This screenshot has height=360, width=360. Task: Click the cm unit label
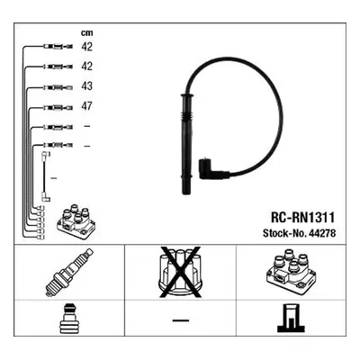point(87,33)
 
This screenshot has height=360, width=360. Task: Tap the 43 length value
point(87,86)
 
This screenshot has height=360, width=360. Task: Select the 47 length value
point(87,106)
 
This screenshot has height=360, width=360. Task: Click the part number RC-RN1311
point(302,218)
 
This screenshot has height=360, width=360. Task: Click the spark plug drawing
point(69,273)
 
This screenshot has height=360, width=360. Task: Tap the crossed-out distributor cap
point(180,273)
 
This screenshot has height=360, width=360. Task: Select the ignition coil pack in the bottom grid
point(292,269)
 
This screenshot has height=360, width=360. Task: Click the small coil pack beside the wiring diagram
point(76,222)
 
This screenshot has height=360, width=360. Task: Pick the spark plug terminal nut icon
point(69,319)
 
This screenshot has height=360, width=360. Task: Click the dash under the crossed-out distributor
point(181,320)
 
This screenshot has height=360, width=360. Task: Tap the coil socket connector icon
point(292,319)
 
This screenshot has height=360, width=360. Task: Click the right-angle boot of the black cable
point(210,168)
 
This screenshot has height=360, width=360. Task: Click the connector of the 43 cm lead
point(58,87)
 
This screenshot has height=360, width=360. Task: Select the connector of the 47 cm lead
point(58,108)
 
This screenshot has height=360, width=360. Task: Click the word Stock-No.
point(283,233)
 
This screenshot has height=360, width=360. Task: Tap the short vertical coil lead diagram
point(45,177)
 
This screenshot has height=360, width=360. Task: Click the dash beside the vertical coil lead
point(54,178)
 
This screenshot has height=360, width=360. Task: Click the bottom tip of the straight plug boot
point(186,193)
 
